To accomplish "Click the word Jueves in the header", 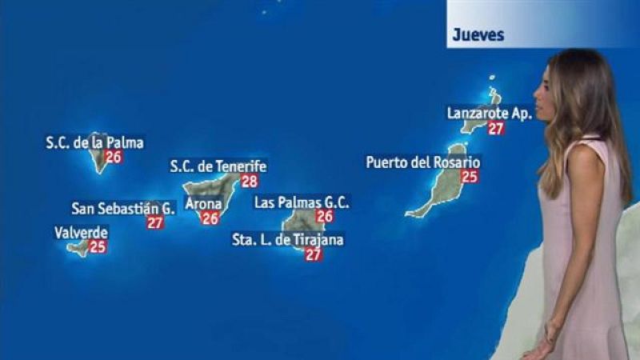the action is tap(478, 34).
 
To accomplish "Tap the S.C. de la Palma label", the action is tap(94, 143).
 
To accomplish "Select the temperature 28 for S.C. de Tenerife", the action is tap(250, 181).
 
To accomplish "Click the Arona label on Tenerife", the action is tap(203, 204).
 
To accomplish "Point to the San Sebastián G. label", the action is tap(123, 208).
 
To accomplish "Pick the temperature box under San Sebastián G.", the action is tap(155, 222).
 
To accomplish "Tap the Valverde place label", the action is tap(81, 233).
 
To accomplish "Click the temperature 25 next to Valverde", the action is tap(98, 246).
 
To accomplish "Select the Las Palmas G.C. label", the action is tap(302, 202).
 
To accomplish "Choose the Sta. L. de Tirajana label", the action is tap(287, 239).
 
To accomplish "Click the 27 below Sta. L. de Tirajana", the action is tap(314, 254).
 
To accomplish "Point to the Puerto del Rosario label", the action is tap(423, 162).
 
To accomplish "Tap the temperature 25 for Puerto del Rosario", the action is tap(470, 176).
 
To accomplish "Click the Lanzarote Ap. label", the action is tap(489, 114).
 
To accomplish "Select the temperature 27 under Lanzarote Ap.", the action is tap(496, 128).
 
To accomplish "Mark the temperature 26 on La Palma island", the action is tap(114, 157).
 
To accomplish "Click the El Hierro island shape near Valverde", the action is tap(78, 248).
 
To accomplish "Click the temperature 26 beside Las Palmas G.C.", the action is tap(325, 216).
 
